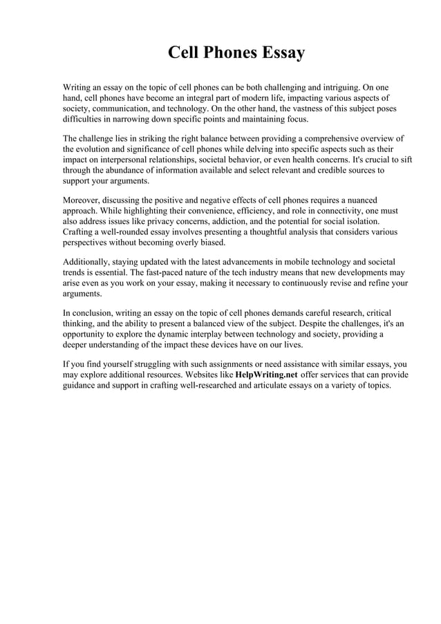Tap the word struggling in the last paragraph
click(151, 364)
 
